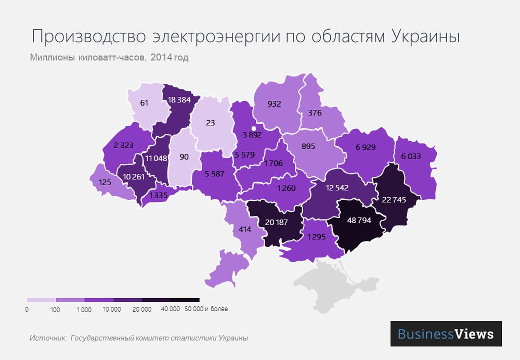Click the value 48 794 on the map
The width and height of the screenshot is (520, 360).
point(356,221)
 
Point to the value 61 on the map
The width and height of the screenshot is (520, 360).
point(144,103)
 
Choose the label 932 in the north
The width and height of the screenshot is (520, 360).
point(274,104)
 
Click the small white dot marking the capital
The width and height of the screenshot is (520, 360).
point(254,128)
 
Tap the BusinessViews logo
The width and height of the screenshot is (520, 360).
point(446,333)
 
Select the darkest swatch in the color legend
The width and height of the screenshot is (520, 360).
point(185,300)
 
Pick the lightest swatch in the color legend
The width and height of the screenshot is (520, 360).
point(41,300)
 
